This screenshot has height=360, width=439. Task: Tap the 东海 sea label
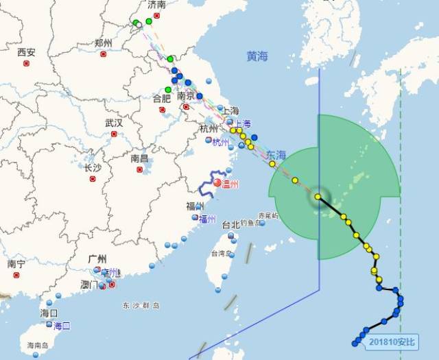click(276, 155)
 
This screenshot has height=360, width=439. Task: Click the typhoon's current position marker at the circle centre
click(318, 197)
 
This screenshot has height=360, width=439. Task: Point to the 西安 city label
click(26, 52)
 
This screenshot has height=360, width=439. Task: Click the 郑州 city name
click(103, 43)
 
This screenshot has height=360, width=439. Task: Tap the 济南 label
click(157, 5)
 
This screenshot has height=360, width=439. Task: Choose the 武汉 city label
click(113, 123)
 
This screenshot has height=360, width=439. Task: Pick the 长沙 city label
click(92, 168)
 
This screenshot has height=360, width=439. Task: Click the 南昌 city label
click(139, 158)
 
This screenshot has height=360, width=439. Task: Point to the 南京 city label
click(186, 97)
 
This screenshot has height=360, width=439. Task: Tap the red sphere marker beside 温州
click(217, 183)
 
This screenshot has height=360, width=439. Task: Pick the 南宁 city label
click(16, 263)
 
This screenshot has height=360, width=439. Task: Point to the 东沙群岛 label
click(141, 305)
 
